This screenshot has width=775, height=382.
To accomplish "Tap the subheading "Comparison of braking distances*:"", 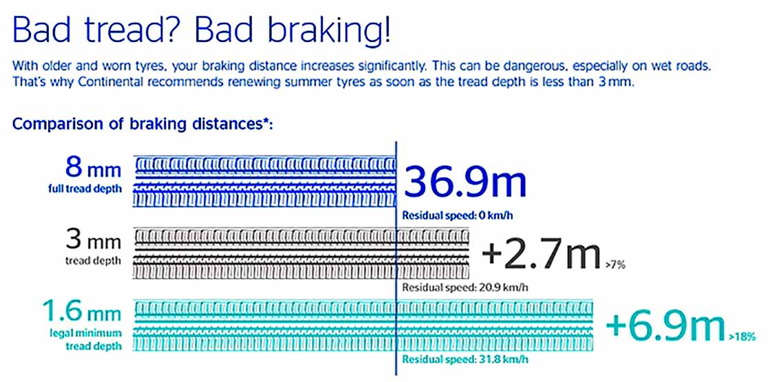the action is coord(143,123).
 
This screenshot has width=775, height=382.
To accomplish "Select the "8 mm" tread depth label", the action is coord(93,169).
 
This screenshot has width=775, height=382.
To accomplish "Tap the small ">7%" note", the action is coord(615,266).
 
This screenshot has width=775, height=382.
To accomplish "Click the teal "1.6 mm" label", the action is coord(81,312).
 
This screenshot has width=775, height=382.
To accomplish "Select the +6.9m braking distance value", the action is coord(666,327).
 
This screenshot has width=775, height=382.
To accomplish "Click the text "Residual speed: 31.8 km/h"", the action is coord(465,359).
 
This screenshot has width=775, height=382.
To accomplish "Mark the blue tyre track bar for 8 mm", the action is coord(266,181).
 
